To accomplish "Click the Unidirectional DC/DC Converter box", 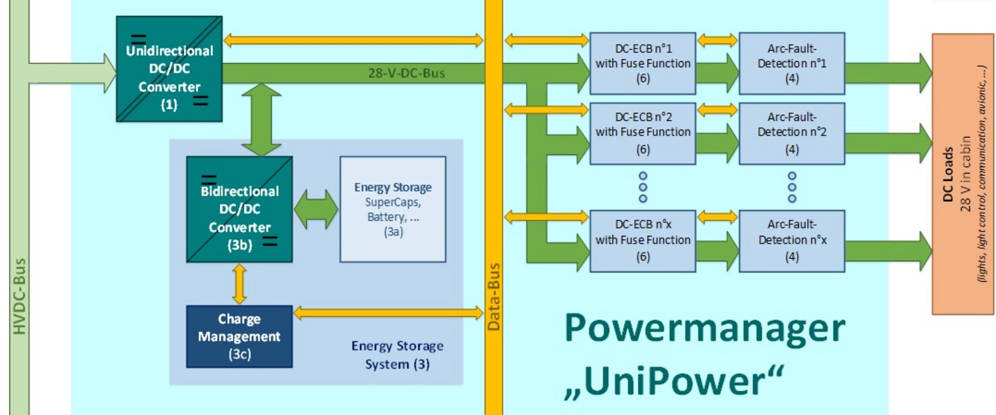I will tap(169, 69).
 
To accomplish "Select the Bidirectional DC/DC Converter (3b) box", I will tap(239, 209).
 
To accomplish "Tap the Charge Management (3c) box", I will tap(239, 336).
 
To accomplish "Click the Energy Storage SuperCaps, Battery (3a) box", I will tap(393, 209).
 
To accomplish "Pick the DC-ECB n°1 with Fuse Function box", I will tap(643, 63).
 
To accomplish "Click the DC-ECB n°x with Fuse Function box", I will tap(643, 241).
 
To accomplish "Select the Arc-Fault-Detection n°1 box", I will tap(792, 63).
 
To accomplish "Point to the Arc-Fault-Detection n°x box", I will tap(792, 241).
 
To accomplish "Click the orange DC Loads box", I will tap(963, 174).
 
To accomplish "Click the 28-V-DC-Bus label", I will tap(406, 73).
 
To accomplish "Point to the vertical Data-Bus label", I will tap(493, 297).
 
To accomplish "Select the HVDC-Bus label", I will tap(19, 296).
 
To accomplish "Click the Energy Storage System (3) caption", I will tap(397, 355).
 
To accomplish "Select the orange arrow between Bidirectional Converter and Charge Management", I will tap(239, 284).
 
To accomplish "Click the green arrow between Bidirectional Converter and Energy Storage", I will tap(316, 209).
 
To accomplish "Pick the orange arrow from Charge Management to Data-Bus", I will tap(388, 313).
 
